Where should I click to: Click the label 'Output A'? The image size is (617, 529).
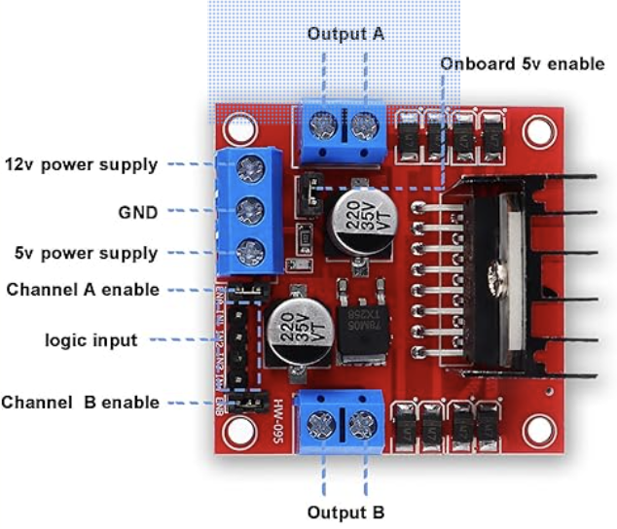point(345,33)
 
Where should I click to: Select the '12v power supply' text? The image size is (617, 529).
point(81,164)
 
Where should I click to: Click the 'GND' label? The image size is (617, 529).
point(137,209)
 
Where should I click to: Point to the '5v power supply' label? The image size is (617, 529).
point(85,254)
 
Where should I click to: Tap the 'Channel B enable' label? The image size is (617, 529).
point(80,402)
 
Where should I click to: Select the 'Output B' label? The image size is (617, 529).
point(345,511)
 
